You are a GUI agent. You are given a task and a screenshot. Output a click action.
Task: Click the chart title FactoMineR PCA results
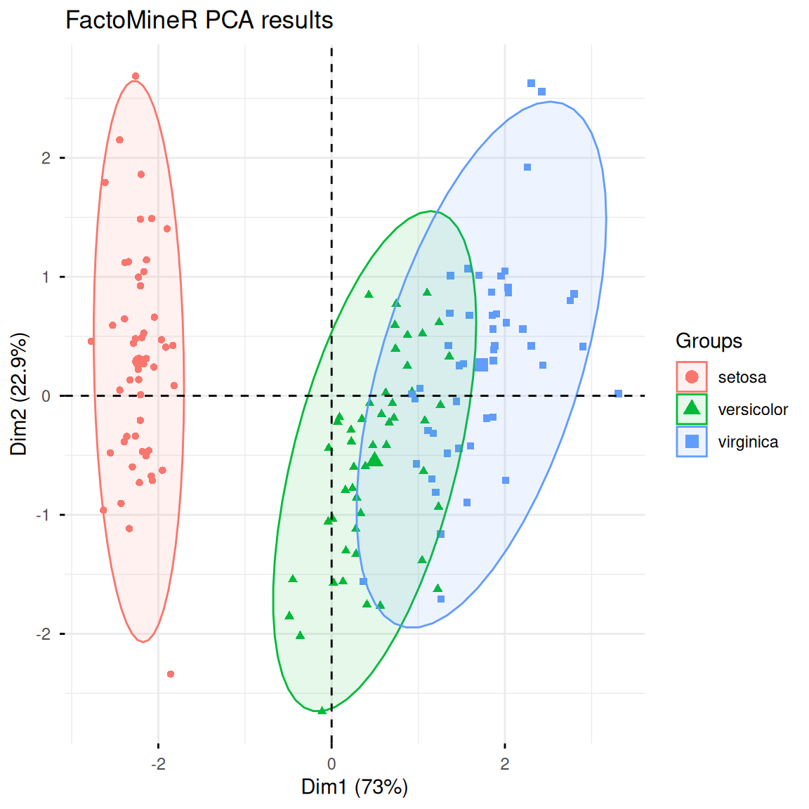199,20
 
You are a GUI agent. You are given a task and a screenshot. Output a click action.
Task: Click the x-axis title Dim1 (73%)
355,787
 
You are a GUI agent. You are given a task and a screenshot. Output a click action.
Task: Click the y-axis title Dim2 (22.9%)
19,394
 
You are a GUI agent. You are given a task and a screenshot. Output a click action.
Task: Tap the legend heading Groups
709,341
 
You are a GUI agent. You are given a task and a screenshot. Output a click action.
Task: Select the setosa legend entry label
742,378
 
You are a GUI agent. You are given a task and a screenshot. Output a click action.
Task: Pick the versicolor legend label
752,410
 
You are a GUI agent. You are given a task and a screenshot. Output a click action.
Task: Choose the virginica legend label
748,442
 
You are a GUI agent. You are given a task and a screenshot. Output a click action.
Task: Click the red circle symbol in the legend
692,377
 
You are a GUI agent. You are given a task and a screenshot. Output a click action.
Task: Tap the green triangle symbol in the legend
692,409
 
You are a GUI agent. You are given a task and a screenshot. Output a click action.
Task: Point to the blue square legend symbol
692,442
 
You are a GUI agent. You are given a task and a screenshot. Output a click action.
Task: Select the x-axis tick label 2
505,764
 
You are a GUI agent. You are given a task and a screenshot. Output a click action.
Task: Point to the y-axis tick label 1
46,277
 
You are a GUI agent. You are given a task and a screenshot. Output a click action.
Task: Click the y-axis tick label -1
44,515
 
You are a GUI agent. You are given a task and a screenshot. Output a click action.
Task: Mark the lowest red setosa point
171,674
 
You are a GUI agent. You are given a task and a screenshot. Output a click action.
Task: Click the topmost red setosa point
136,77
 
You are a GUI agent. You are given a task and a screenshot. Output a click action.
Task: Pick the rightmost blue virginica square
619,394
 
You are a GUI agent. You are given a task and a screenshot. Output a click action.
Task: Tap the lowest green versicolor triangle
322,711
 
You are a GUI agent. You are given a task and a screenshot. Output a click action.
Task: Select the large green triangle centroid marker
375,460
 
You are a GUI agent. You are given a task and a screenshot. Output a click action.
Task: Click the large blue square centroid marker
481,364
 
